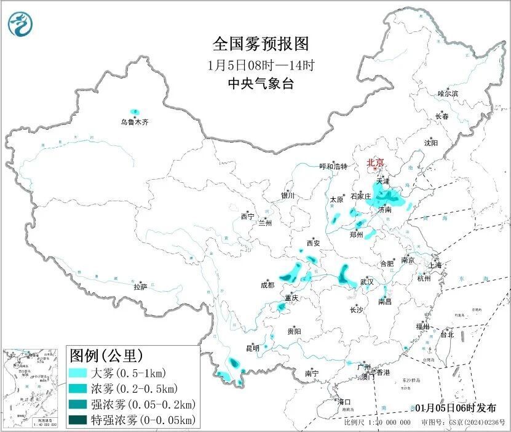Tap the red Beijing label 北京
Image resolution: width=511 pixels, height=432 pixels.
tap(375, 162)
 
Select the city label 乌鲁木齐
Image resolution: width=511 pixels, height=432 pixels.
tap(134, 122)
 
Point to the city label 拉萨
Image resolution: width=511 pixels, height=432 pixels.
tap(140, 287)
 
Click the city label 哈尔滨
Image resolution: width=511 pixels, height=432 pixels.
tap(448, 94)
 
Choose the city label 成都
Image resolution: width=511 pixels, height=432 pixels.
tap(267, 285)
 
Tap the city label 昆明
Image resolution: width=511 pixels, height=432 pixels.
tap(253, 348)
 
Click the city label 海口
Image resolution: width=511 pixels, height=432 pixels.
tap(344, 402)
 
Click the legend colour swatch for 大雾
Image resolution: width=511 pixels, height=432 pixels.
tap(78, 373)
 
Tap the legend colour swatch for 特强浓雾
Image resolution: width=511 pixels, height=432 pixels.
tap(78, 420)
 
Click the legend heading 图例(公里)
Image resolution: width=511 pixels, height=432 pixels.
tap(106, 355)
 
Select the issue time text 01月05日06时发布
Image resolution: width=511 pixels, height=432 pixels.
tap(459, 408)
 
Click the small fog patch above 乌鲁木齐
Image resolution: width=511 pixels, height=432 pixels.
tap(135, 112)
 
